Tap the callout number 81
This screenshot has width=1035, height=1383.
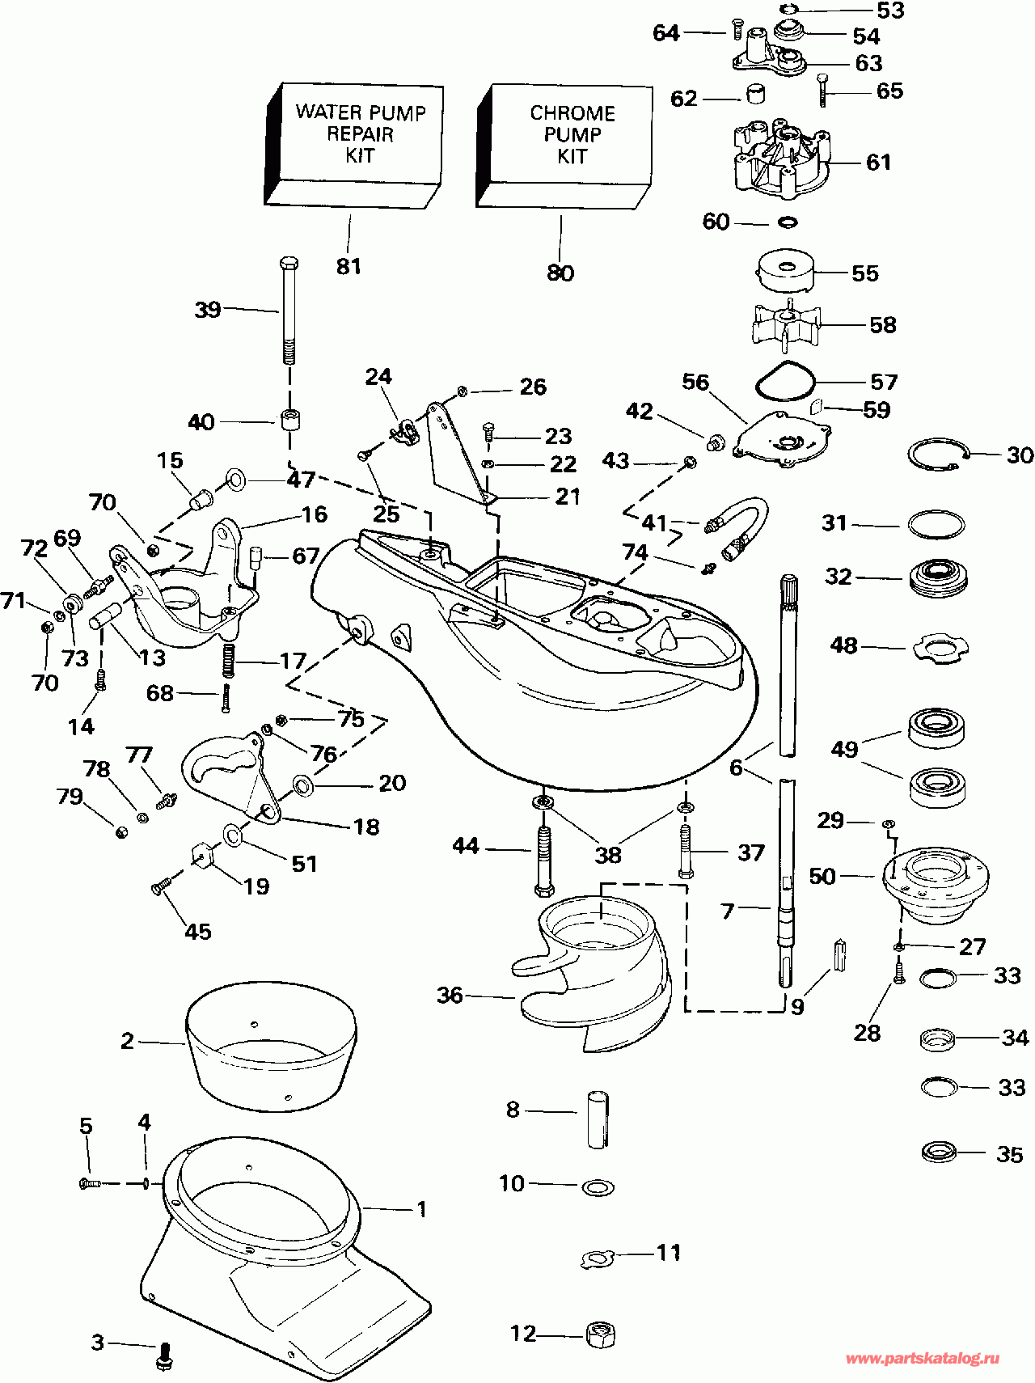[x=349, y=265]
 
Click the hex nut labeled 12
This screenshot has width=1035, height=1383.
[x=599, y=1334]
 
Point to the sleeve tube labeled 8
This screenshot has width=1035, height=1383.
[x=598, y=1119]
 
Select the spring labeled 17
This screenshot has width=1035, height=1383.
[x=228, y=661]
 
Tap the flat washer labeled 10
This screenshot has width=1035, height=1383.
[x=598, y=1187]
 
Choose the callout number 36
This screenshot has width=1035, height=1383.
[x=450, y=995]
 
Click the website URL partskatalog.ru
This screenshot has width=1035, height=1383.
[x=922, y=1359]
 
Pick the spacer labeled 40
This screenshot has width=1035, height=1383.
[x=289, y=421]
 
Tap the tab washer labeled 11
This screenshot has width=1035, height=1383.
[x=599, y=1258]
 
